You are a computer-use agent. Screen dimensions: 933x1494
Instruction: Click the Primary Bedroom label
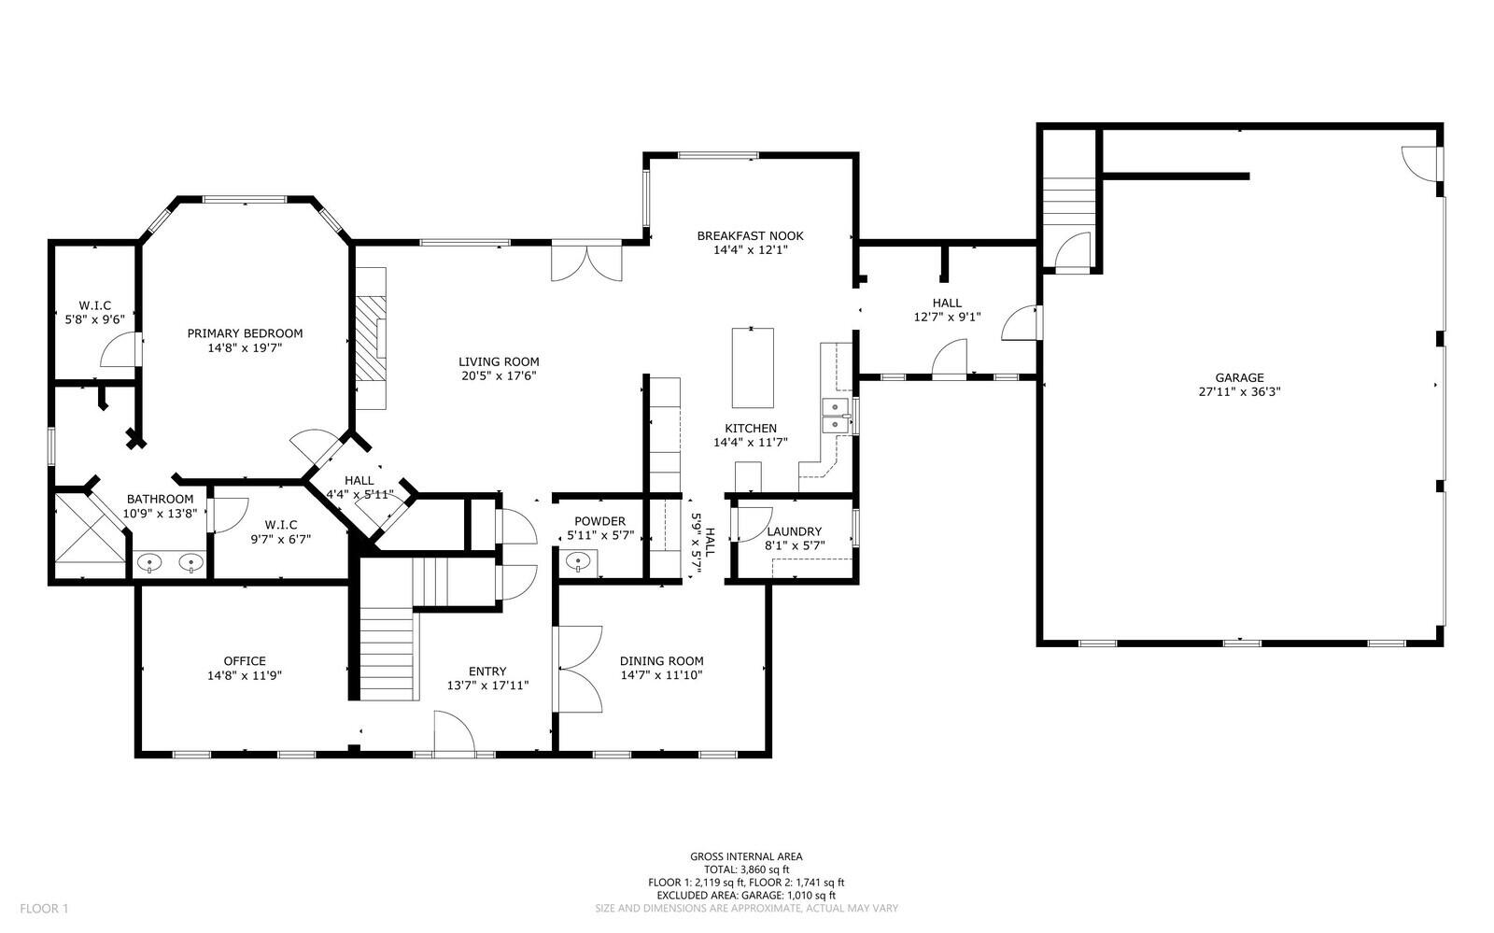click(245, 333)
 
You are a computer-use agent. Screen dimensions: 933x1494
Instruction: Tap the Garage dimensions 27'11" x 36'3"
click(1239, 392)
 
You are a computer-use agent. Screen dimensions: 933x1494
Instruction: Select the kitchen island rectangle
click(752, 367)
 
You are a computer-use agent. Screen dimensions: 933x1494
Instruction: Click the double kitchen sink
click(835, 415)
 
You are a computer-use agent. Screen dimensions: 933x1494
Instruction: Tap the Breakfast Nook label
click(750, 236)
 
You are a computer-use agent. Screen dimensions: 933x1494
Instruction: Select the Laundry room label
click(793, 531)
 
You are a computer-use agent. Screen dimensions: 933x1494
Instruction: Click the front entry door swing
click(455, 732)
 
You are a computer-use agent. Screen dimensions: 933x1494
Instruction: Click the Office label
click(245, 661)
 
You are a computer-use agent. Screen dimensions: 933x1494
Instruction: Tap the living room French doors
click(585, 262)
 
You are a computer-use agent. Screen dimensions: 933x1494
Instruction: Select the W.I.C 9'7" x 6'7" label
click(280, 525)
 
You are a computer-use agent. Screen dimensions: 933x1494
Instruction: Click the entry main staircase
click(387, 652)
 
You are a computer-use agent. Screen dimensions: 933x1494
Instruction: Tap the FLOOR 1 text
click(45, 908)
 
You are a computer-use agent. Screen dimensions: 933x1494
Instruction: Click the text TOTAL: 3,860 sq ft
click(746, 869)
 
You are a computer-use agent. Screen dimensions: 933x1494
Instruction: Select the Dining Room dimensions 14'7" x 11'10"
click(661, 675)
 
